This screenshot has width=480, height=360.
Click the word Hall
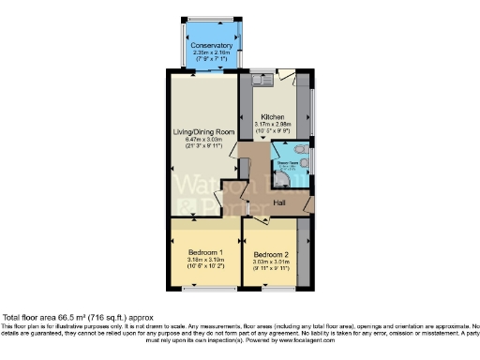click(279, 202)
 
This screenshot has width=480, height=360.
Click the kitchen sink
click(262, 82)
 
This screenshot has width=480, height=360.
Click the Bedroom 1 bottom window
click(204, 291)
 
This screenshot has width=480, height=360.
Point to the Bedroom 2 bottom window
click(272, 291)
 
